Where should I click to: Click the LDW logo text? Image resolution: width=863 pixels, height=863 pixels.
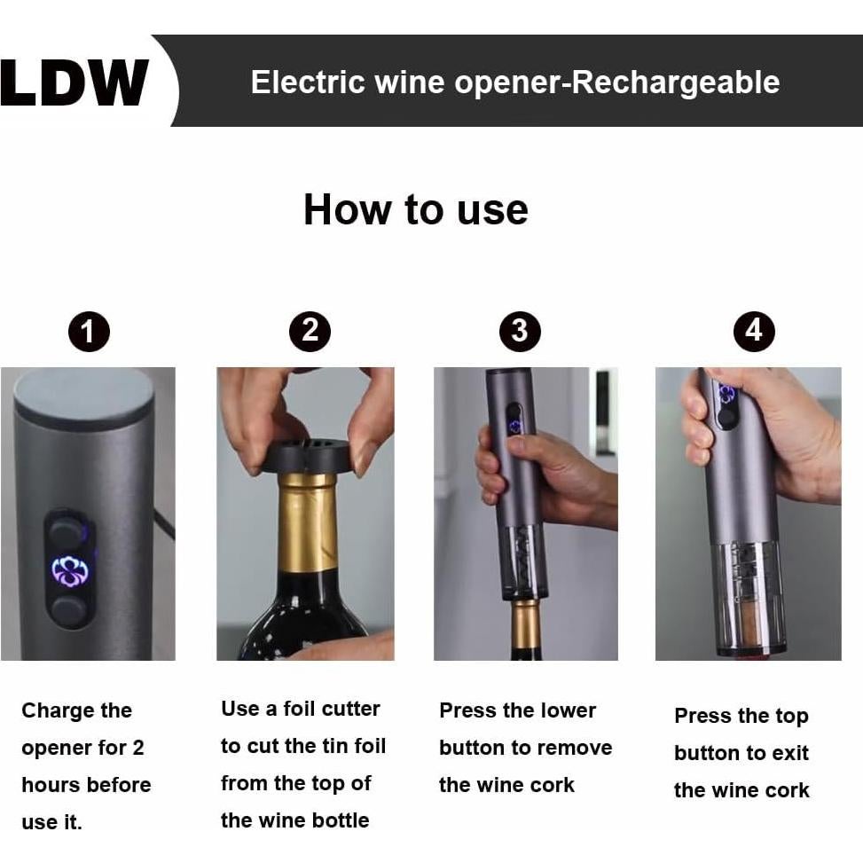[75, 83]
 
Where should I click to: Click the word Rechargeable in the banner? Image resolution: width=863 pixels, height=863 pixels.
[676, 82]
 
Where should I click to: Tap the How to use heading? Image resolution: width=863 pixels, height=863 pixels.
[415, 210]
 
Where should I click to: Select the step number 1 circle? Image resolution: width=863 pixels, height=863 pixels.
[89, 333]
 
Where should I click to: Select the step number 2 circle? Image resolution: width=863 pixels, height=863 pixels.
[310, 332]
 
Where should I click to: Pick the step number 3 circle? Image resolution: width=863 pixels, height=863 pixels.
[520, 332]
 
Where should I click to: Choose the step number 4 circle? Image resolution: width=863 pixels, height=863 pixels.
[754, 332]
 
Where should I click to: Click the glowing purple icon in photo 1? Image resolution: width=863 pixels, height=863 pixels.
[69, 571]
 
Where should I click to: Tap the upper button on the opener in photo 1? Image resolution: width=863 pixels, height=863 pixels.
[67, 532]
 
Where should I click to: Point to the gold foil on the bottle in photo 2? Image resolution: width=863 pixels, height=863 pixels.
[307, 523]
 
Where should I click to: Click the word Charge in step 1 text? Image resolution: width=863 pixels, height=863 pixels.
[51, 711]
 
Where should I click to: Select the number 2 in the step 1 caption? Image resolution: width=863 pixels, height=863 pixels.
[137, 748]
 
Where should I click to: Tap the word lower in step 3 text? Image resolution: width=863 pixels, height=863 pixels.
[563, 711]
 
